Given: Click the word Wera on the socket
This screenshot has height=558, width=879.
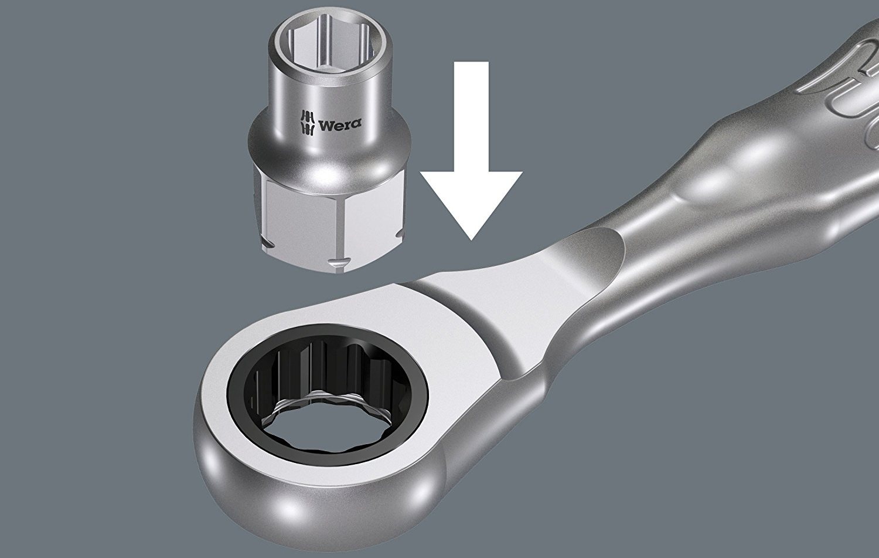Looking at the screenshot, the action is [340, 124].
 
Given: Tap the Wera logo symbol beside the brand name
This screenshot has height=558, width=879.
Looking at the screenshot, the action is [308, 123].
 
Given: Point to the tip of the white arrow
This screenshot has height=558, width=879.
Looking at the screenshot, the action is [471, 240].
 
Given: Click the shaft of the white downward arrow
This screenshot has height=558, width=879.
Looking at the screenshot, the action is [471, 117].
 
